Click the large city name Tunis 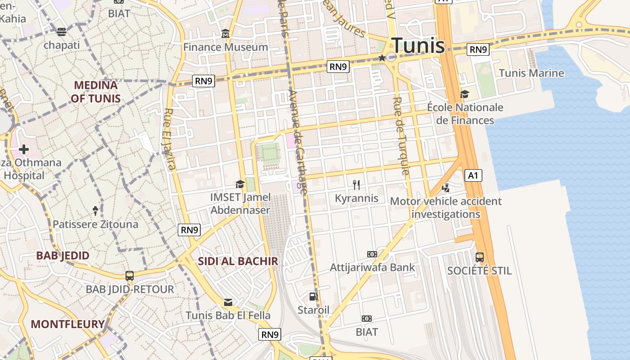[418, 45]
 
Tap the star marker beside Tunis [382, 58]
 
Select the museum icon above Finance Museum [225, 34]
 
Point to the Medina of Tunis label [95, 92]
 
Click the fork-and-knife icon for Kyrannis [357, 184]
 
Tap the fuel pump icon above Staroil [313, 297]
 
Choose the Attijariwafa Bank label [372, 267]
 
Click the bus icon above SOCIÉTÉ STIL [480, 257]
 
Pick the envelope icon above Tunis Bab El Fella [228, 302]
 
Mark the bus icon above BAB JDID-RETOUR [130, 276]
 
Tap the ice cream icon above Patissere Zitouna [95, 210]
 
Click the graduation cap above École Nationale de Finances [464, 94]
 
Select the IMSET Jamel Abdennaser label [240, 203]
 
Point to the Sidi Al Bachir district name [238, 261]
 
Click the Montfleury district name [67, 324]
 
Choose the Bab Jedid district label [63, 256]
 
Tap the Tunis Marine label [531, 73]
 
